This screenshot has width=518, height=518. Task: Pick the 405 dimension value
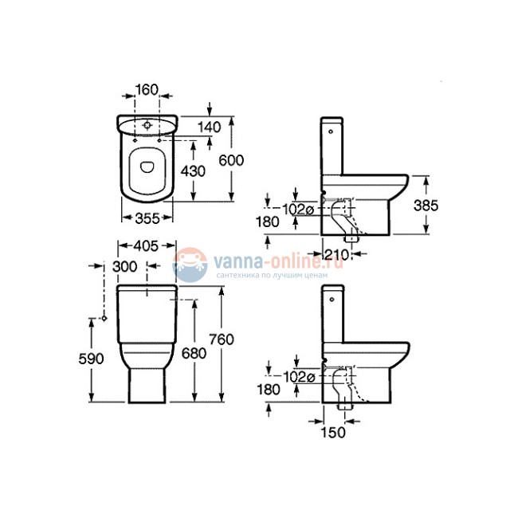click(x=143, y=245)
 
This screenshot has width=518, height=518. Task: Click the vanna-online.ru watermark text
click(x=265, y=259)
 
